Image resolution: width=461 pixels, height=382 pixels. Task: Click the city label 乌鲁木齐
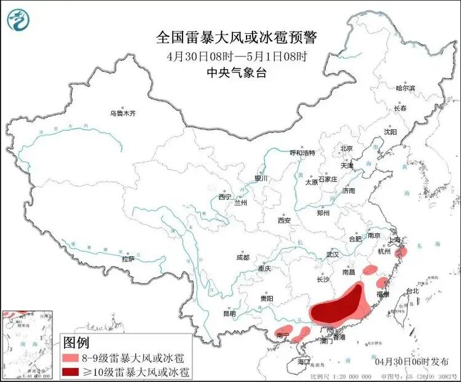[x=122, y=113]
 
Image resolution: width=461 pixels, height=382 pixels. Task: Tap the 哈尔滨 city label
[x=405, y=89]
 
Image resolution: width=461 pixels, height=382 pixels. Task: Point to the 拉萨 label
[x=128, y=259]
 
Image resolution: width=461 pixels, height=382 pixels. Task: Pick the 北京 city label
[x=346, y=148]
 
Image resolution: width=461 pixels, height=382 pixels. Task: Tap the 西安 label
[x=283, y=220]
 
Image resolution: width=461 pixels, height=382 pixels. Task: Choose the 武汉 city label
[x=333, y=254]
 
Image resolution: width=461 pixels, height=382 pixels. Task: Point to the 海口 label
[x=303, y=362]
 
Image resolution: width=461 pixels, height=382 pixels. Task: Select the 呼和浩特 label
[x=302, y=153]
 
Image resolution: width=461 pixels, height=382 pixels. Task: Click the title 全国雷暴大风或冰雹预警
[x=236, y=38]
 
